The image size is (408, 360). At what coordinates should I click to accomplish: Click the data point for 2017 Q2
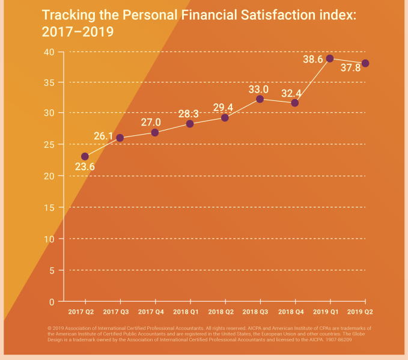85,156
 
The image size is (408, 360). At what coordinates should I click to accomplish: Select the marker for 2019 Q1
330,58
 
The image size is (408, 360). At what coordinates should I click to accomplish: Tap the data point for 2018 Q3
260,99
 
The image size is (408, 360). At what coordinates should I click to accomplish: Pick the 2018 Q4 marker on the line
294,103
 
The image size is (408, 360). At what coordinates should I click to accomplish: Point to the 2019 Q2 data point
365,63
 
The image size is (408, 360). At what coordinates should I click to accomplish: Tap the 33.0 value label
260,90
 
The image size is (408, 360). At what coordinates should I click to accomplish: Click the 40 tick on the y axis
49,52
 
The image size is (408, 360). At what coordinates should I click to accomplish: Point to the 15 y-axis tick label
49,207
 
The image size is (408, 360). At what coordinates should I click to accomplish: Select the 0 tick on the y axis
53,302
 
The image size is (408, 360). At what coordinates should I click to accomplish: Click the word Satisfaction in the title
271,14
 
